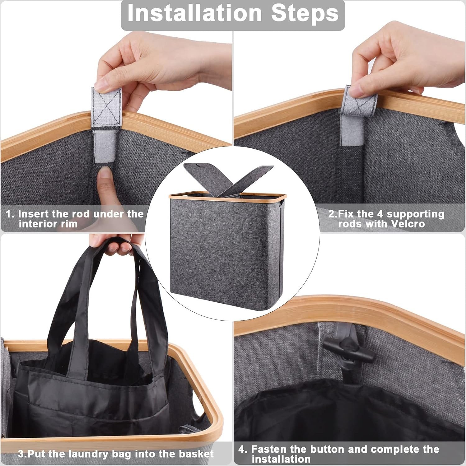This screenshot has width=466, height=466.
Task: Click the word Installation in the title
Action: click(195, 13)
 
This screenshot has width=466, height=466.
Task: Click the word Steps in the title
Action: click(305, 13)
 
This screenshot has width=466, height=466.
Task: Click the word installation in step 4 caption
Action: click(281, 459)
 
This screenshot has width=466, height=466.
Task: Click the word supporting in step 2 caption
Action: click(415, 214)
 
